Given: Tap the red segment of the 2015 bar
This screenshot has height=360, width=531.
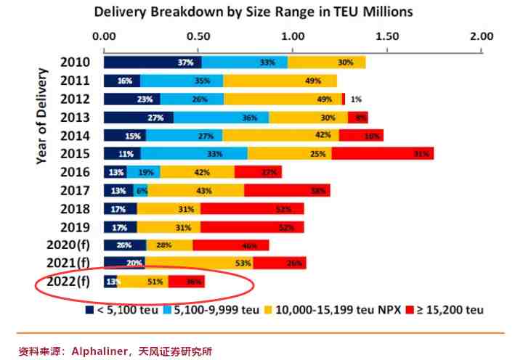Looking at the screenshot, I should (382, 153).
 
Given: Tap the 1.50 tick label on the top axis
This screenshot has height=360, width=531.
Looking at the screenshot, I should (387, 36).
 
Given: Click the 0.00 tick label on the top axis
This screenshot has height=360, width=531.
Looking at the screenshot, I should (105, 36).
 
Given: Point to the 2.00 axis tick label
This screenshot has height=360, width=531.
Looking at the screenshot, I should (481, 36).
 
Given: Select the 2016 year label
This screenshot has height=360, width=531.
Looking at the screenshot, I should (75, 172).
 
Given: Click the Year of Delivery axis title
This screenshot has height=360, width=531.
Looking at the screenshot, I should (42, 116).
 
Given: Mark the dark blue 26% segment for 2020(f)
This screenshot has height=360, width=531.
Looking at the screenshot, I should (125, 245).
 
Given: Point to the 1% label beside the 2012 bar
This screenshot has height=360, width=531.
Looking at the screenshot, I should (355, 99).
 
